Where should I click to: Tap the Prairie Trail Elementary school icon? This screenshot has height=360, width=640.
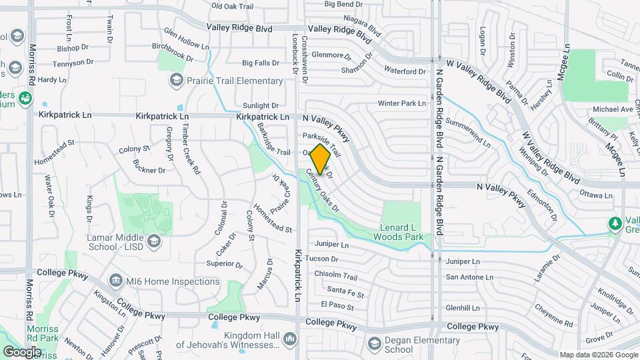176,81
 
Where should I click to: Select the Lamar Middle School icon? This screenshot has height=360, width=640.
154,240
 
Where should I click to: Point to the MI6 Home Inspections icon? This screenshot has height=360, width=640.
116,281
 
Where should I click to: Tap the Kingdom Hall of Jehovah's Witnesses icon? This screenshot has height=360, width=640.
290,339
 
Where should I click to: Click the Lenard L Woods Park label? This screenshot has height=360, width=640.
398,232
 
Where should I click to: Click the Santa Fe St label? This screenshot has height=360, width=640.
345,291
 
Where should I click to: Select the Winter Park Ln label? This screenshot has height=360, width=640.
401,103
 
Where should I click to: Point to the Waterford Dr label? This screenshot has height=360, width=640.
405,71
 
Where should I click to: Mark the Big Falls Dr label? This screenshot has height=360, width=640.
261,63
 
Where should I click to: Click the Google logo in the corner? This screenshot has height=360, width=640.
22,351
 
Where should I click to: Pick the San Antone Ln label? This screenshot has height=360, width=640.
469,277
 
